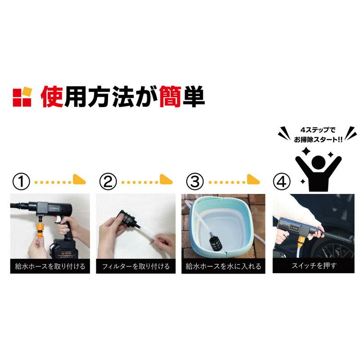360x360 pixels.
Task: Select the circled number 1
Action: (x=21, y=181)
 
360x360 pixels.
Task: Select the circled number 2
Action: (x=108, y=181)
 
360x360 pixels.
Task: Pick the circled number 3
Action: (x=195, y=181)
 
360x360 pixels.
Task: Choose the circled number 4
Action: (x=281, y=181)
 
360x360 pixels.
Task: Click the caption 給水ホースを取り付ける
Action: (x=50, y=266)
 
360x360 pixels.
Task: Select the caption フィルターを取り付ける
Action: (x=136, y=266)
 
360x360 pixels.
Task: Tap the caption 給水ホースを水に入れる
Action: (x=223, y=266)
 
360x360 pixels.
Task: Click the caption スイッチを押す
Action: (x=310, y=266)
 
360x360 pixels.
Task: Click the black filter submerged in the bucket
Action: (x=212, y=241)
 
